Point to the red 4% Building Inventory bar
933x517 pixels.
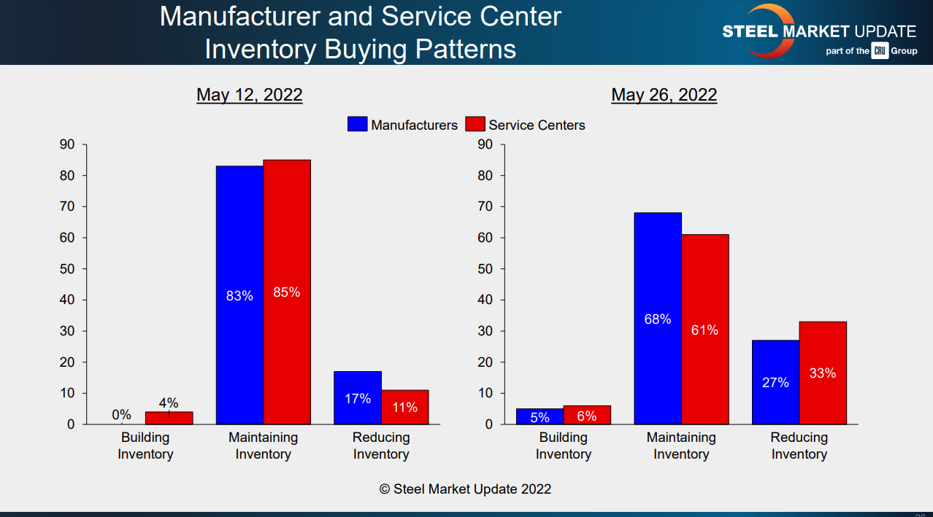pyautogui.click(x=169, y=418)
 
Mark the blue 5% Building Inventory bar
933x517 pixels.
pyautogui.click(x=540, y=416)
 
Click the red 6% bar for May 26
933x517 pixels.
pyautogui.click(x=587, y=415)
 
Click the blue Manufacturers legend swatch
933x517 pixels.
pyautogui.click(x=358, y=125)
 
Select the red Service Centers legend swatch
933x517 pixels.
pyautogui.click(x=475, y=125)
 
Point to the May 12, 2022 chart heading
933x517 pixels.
pyautogui.click(x=249, y=95)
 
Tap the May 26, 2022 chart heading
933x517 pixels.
pyautogui.click(x=664, y=95)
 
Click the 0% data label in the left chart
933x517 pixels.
pyautogui.click(x=122, y=415)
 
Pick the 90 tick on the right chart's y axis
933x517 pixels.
pyautogui.click(x=486, y=144)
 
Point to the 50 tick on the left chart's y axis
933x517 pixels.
pyautogui.click(x=67, y=269)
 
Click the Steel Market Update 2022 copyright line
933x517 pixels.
pyautogui.click(x=465, y=489)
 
